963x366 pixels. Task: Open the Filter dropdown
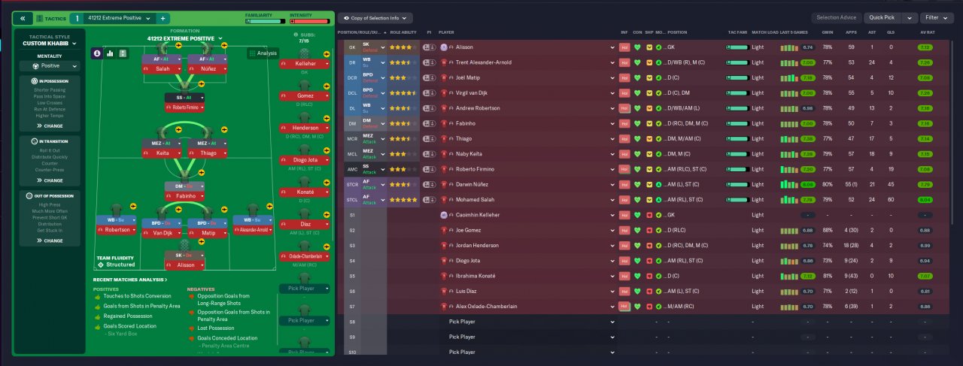coord(936,17)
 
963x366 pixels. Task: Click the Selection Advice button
coord(835,17)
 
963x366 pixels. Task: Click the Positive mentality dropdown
coord(49,66)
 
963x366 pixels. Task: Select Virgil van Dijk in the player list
coord(477,92)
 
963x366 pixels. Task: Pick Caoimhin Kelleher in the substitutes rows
coord(478,215)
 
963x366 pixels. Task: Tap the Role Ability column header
coord(403,32)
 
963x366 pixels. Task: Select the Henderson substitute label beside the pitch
coord(305,128)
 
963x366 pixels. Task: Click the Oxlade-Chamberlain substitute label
coord(305,256)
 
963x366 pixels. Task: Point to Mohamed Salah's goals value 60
coord(892,199)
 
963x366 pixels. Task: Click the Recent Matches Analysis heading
coord(129,280)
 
